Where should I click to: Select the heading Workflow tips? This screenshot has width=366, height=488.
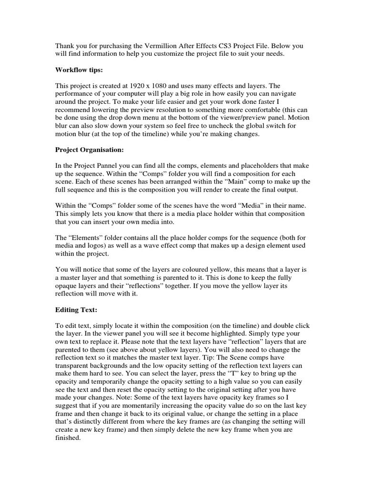[x=79, y=70]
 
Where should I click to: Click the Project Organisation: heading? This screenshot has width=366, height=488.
[x=90, y=150]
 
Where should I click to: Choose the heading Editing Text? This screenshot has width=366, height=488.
[x=76, y=310]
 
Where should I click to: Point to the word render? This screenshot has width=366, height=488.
[x=216, y=190]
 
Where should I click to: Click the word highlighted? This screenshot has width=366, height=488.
[x=211, y=334]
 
